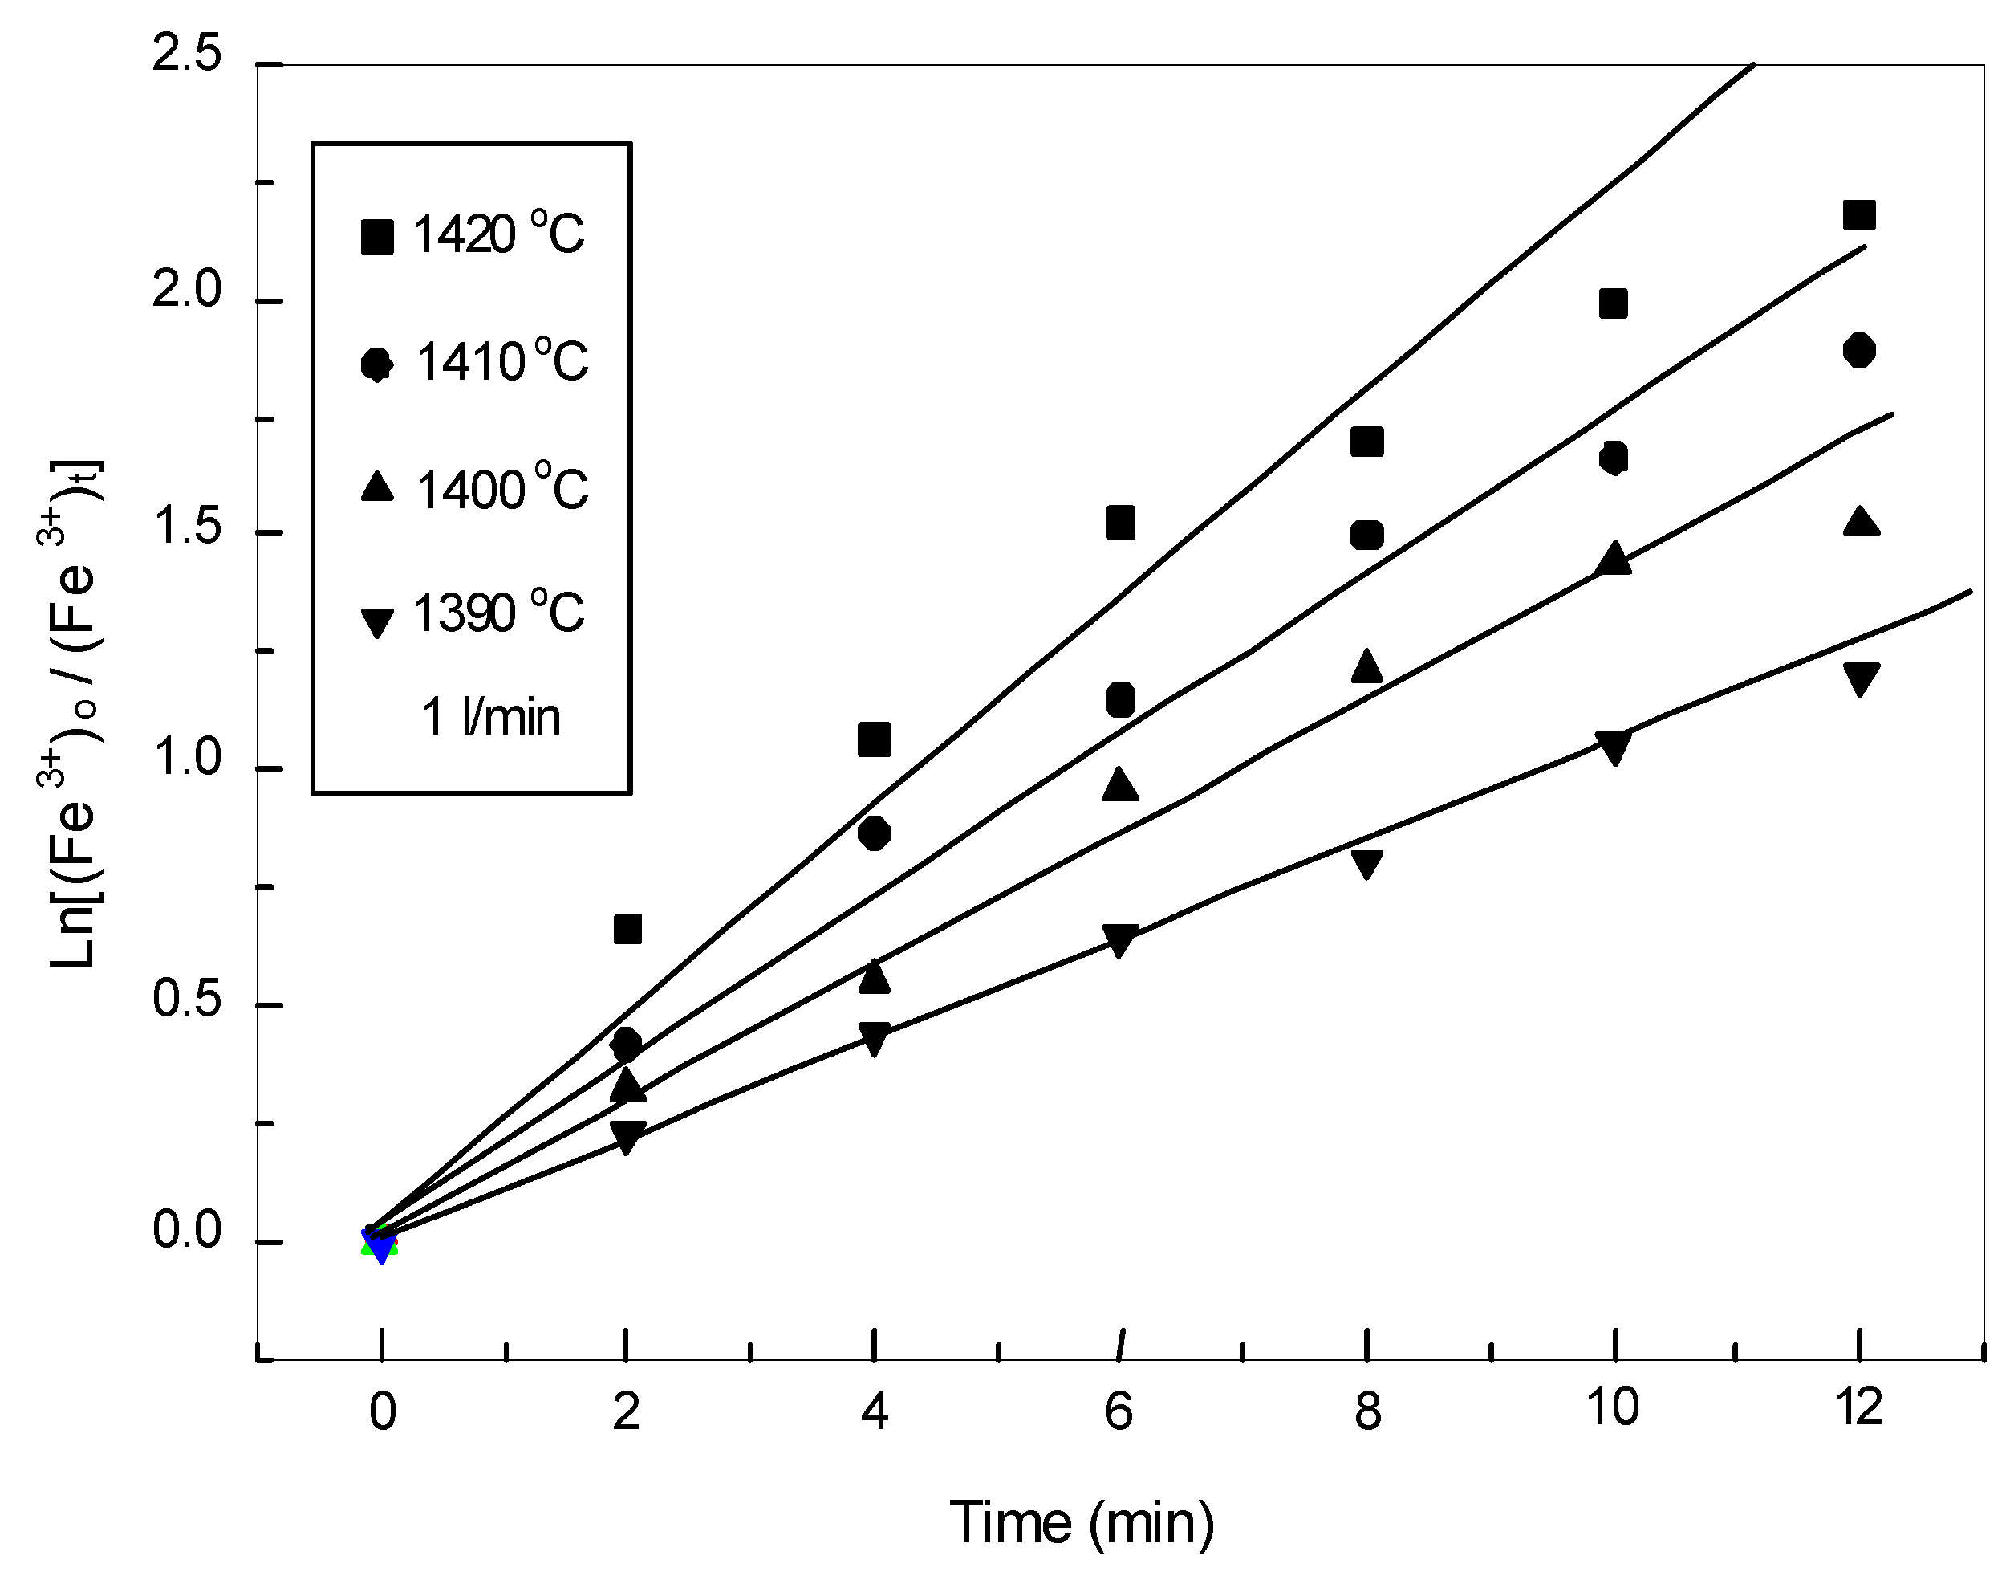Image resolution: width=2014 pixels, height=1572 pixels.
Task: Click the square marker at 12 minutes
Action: [x=1858, y=215]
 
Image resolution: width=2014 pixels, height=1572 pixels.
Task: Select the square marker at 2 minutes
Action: [x=627, y=929]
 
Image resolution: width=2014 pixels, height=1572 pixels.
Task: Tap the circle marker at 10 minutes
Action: [x=1613, y=458]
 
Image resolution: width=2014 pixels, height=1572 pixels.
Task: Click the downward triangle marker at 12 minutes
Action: [x=1859, y=680]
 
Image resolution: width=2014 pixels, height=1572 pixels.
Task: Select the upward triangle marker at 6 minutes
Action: [x=1119, y=785]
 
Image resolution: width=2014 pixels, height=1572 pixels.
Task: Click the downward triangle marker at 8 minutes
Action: [x=1366, y=865]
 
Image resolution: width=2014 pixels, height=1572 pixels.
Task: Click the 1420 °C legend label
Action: [x=498, y=234]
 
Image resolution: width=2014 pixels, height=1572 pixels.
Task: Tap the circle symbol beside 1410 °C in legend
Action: [x=376, y=364]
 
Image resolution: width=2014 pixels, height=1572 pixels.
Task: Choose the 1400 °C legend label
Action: [x=501, y=489]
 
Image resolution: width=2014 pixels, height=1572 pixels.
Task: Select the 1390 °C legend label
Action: [x=498, y=613]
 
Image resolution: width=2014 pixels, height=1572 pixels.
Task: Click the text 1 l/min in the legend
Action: [x=490, y=717]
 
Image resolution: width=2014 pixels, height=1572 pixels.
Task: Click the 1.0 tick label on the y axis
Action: [x=187, y=760]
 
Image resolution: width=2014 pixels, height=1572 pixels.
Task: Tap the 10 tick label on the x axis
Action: [x=1612, y=1407]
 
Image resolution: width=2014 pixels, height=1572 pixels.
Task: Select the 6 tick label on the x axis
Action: [x=1119, y=1411]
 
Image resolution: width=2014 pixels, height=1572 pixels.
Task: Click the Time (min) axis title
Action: [x=1081, y=1522]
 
